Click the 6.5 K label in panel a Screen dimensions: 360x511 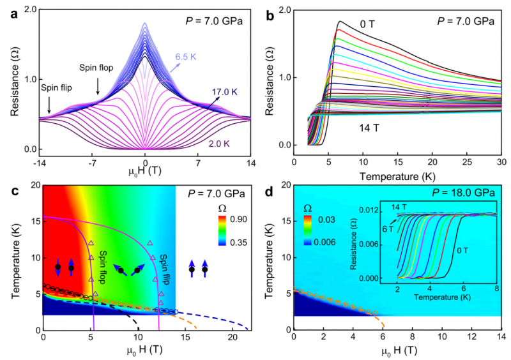click(187, 56)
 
